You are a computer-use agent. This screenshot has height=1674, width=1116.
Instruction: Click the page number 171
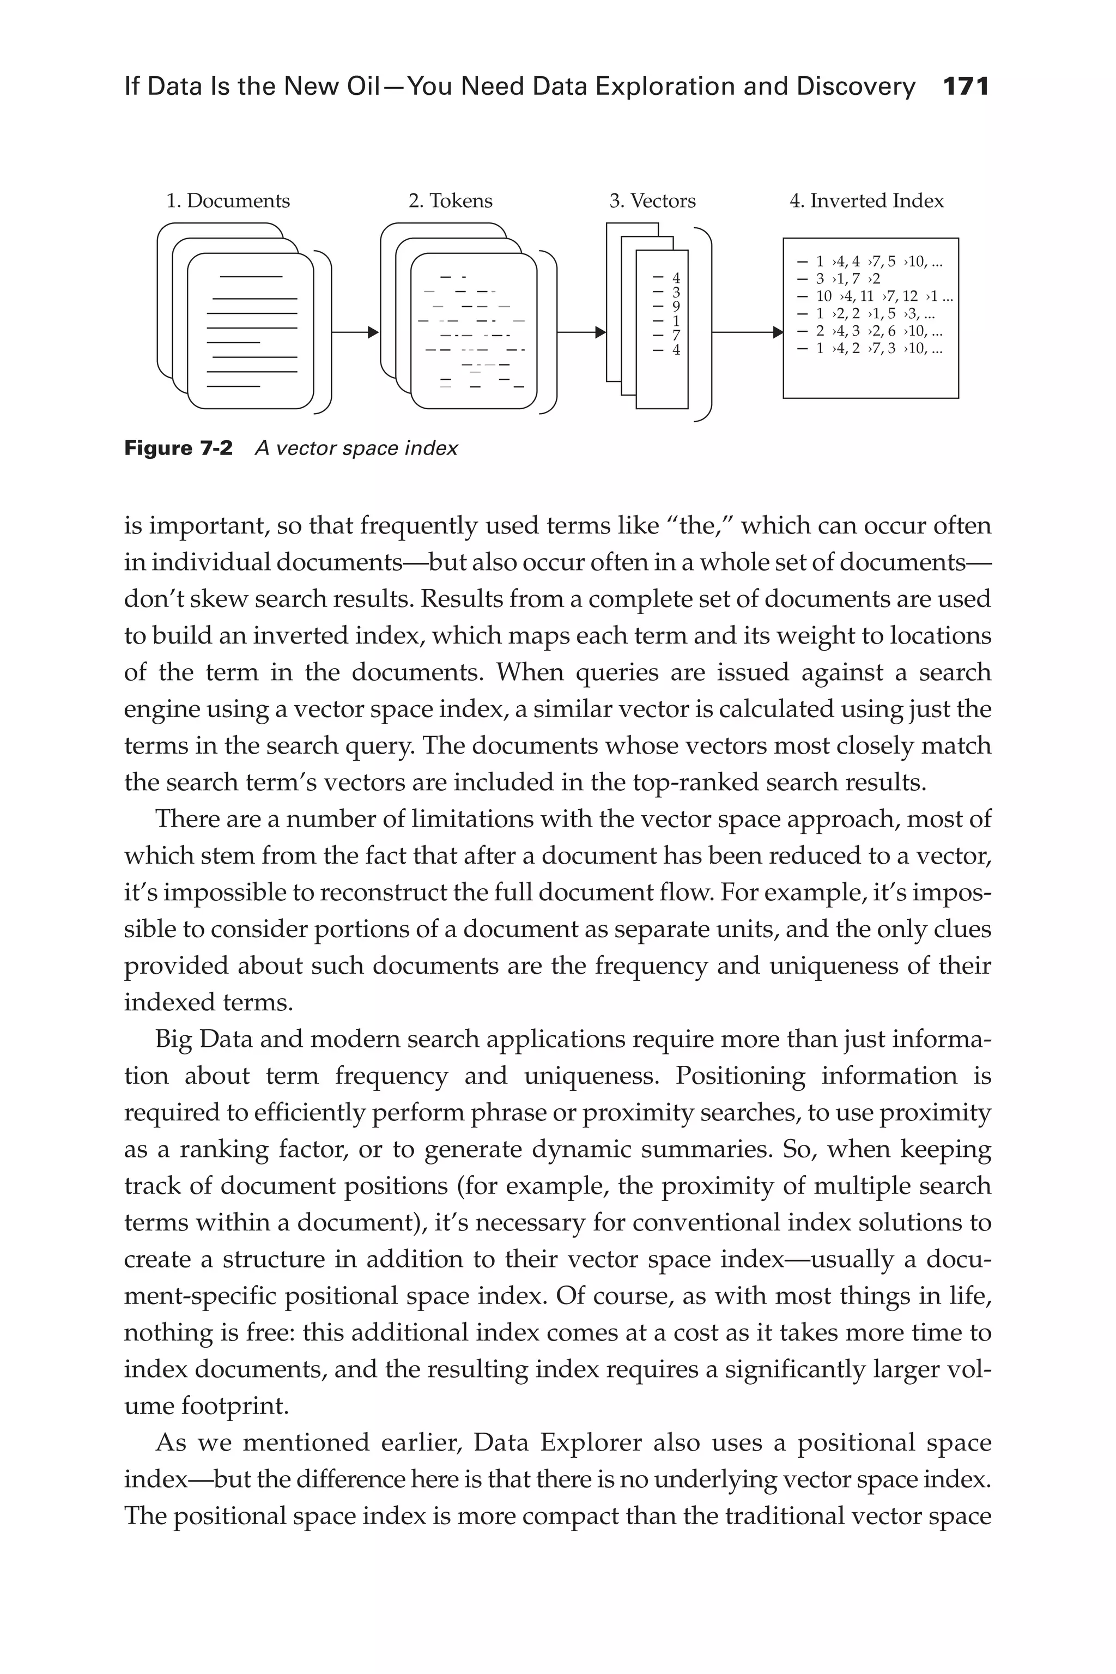point(965,87)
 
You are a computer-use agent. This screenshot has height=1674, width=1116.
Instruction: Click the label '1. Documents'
point(228,201)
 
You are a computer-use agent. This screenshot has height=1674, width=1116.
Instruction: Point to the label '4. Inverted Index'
point(866,201)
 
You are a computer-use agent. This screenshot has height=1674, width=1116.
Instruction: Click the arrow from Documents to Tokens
point(354,332)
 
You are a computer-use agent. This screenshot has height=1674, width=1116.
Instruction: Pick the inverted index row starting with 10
point(876,296)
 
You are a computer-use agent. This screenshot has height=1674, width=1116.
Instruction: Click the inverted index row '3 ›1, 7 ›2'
point(840,279)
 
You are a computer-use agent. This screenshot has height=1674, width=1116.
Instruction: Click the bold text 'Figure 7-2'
point(178,448)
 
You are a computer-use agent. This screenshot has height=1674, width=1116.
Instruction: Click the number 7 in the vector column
point(676,335)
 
